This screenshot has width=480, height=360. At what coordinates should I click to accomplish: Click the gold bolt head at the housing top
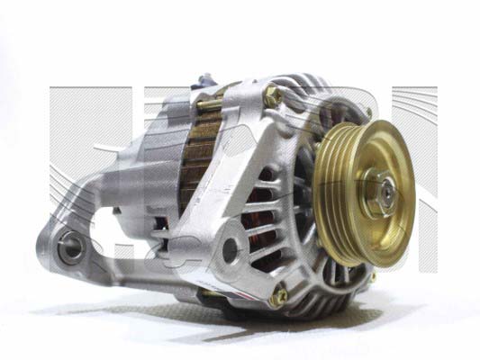pyautogui.click(x=272, y=91)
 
